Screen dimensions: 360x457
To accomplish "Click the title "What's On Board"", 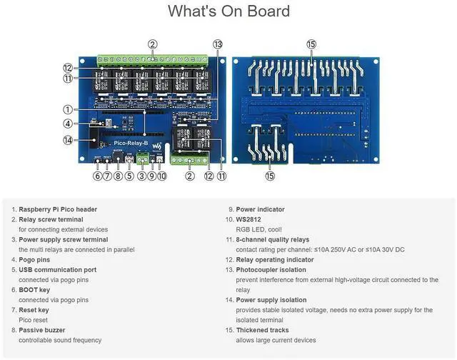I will point(228,11).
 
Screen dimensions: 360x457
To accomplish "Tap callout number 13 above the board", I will point(218,44).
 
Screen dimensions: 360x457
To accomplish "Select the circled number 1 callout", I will point(67,109).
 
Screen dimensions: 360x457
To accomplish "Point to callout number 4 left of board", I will point(67,124).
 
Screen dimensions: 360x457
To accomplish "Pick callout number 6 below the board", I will point(98,176).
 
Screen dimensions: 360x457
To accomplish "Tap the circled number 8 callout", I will point(119,176).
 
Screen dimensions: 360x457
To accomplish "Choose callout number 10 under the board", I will point(162,176).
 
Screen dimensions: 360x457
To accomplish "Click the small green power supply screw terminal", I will point(142,158).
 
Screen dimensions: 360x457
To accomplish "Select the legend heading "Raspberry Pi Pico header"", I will point(58,209).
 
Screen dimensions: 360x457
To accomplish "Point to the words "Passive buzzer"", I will point(42,330).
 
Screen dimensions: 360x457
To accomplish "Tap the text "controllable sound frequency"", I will point(61,340).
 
